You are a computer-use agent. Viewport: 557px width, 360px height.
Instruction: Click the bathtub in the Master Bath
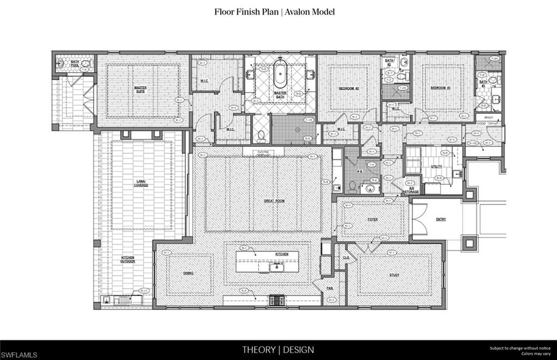280,75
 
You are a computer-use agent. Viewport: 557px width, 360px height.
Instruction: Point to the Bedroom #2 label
349,88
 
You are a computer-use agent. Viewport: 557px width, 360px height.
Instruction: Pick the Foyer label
373,220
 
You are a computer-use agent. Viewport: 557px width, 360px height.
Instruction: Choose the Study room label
394,275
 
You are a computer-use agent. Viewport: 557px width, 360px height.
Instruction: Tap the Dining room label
188,273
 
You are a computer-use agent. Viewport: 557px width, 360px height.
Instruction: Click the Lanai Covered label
141,183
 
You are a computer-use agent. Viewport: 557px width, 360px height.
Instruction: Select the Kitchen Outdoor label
128,259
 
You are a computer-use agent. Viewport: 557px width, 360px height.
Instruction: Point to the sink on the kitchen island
276,266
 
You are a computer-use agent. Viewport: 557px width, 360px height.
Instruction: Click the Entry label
441,220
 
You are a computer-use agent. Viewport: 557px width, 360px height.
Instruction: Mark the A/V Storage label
414,190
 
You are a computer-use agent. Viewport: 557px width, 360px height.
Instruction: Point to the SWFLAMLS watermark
20,355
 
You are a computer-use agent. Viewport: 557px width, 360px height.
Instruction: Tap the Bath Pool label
75,63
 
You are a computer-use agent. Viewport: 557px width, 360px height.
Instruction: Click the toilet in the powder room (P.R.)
352,187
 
